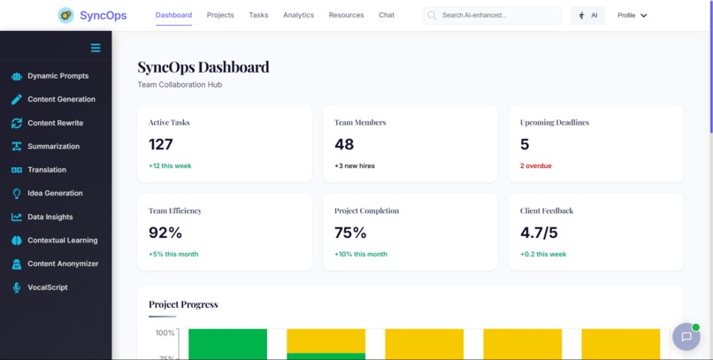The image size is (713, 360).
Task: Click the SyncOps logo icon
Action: tap(65, 15)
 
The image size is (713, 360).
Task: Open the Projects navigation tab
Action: tap(220, 15)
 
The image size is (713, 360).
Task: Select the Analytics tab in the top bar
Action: tap(298, 15)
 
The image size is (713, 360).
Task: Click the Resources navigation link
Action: tap(346, 15)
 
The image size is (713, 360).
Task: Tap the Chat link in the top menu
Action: tap(387, 15)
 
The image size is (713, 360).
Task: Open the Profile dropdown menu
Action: tap(632, 15)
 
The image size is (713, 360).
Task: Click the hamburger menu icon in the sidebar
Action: tap(96, 48)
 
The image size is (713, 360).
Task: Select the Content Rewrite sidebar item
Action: tap(55, 123)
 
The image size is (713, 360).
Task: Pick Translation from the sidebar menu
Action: tap(46, 170)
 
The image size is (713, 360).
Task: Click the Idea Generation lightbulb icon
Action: tap(17, 194)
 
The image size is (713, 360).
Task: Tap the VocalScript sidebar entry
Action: tap(47, 287)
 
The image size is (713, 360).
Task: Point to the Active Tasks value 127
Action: tap(161, 144)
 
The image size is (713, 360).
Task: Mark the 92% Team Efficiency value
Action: tap(165, 233)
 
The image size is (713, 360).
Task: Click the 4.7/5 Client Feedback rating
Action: tap(539, 233)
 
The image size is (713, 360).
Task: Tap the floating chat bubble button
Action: tap(686, 336)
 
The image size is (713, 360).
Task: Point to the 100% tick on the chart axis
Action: tap(165, 333)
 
